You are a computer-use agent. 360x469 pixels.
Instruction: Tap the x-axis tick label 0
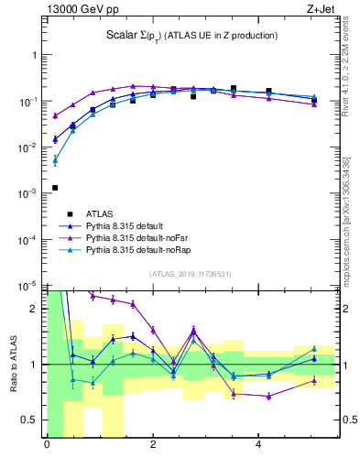pos(47,446)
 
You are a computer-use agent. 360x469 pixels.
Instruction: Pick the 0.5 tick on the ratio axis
pos(31,420)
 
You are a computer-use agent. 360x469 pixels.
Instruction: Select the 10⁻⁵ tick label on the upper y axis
pos(29,286)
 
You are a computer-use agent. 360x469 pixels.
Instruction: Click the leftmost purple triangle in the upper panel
pos(55,115)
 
